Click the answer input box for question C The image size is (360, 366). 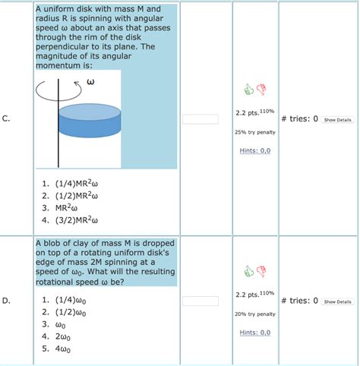tap(201, 118)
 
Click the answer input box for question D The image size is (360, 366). tap(201, 301)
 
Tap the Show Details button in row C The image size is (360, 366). tap(337, 119)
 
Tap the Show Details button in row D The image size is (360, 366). tap(337, 301)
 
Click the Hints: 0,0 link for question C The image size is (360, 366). tap(254, 150)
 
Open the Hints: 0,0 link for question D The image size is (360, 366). tap(254, 333)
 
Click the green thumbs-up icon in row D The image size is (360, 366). tap(248, 271)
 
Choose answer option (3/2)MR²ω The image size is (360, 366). tap(75, 221)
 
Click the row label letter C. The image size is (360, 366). tap(6, 118)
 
